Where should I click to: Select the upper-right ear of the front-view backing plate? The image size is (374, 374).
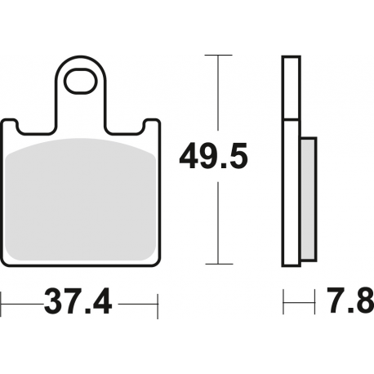149,125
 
